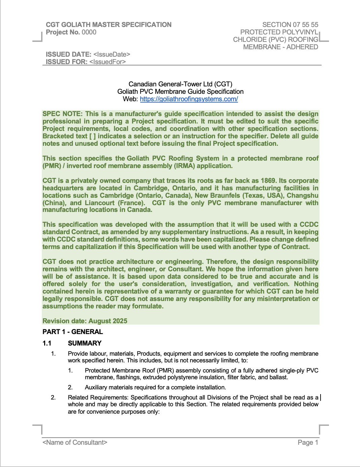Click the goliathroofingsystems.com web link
189,99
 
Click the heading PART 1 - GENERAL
72,332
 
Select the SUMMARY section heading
85,343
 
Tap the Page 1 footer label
308,442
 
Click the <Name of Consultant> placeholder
75,442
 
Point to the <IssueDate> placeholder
112,54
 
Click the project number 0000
89,32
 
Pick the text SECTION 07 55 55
290,25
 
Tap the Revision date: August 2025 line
85,321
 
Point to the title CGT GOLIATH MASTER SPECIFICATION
109,25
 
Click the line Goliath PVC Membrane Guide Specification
180,91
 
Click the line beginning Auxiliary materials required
155,387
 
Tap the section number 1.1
47,343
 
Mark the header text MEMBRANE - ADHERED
280,47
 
